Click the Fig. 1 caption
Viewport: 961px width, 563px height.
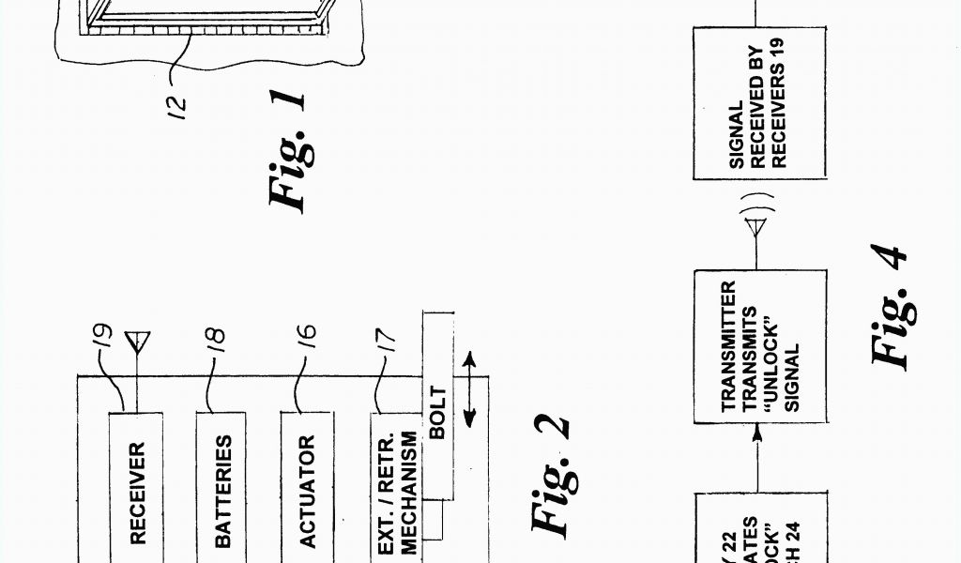[287, 150]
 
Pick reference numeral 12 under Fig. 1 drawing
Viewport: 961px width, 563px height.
[183, 99]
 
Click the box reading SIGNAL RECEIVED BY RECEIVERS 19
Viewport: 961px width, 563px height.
[760, 103]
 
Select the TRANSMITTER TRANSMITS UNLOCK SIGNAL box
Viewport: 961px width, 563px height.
[760, 343]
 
